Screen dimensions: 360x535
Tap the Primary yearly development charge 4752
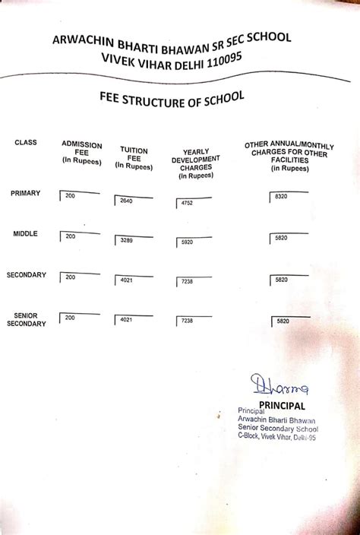click(187, 204)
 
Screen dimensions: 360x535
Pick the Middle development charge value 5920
click(187, 242)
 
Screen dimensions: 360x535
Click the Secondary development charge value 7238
click(187, 282)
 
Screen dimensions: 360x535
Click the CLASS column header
click(25, 143)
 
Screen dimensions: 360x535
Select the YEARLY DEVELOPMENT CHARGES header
click(195, 163)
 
